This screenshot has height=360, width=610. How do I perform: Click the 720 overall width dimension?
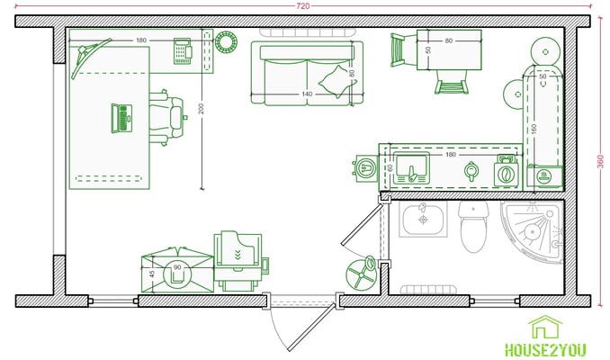click(x=303, y=5)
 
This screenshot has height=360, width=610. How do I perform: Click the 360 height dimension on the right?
click(x=601, y=161)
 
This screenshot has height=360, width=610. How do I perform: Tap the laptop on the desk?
click(x=121, y=118)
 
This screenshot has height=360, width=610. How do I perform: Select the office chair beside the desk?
click(x=167, y=118)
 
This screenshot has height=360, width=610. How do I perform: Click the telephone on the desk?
click(x=183, y=51)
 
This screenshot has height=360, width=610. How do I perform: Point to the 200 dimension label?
click(x=201, y=109)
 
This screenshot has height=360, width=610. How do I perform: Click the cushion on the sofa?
click(x=336, y=81)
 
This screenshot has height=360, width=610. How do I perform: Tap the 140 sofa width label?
click(x=307, y=94)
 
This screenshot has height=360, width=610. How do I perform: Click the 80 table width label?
click(x=449, y=40)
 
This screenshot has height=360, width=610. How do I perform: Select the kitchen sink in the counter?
click(x=411, y=168)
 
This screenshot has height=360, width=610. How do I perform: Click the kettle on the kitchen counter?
click(x=471, y=171)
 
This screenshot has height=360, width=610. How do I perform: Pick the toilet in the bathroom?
click(x=473, y=227)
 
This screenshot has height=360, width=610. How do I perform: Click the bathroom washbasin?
click(x=423, y=219)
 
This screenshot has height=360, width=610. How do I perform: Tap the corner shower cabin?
click(x=532, y=232)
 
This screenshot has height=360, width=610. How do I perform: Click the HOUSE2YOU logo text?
click(x=545, y=349)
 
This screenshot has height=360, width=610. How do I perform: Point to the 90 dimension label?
click(x=177, y=267)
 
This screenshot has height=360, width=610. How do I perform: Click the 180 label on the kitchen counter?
click(x=450, y=155)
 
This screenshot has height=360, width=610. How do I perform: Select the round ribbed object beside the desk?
click(x=226, y=42)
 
